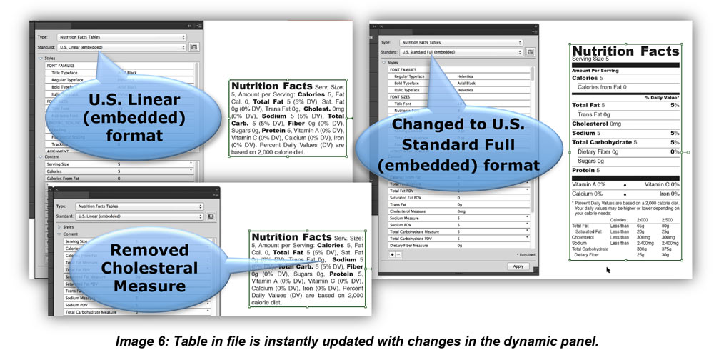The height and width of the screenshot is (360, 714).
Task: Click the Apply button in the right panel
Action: (x=518, y=266)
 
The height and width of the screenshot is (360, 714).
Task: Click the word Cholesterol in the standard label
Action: (x=590, y=124)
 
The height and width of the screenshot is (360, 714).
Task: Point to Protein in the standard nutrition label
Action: (x=583, y=171)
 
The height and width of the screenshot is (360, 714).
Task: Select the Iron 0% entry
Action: (x=669, y=194)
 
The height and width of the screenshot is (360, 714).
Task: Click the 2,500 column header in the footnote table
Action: (x=667, y=220)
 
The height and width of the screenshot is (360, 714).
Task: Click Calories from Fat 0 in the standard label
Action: (x=602, y=87)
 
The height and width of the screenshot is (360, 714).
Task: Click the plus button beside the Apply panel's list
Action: (x=391, y=254)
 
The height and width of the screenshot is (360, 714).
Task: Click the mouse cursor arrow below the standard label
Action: (x=608, y=269)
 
